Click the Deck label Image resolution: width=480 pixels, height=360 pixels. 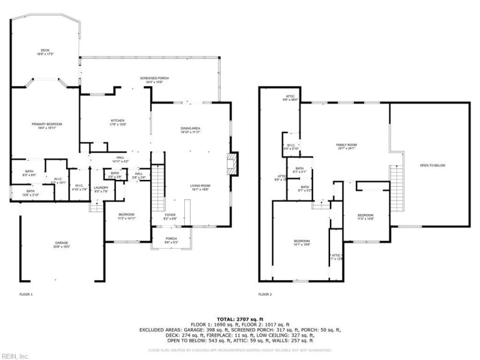click(x=45, y=52)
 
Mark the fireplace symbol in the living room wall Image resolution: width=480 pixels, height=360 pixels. click(x=232, y=164)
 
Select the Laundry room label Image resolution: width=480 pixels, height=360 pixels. click(x=101, y=190)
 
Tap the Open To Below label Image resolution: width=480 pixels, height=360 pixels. click(x=432, y=166)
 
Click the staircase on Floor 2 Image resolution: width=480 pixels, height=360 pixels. click(x=396, y=184)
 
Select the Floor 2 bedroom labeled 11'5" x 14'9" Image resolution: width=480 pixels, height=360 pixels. click(x=366, y=217)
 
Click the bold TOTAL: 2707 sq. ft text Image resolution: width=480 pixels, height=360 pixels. click(x=240, y=319)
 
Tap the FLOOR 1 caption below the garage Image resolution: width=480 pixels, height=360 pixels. click(x=26, y=295)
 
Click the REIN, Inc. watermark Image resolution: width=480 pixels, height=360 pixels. click(x=15, y=355)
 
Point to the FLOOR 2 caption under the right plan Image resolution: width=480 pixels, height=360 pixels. click(x=265, y=295)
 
